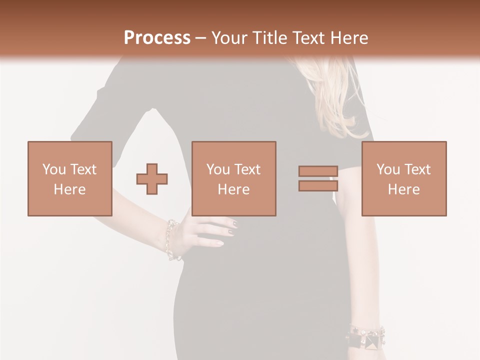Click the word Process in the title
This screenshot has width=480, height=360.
click(157, 38)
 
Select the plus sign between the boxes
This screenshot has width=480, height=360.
click(152, 178)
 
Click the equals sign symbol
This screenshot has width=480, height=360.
click(318, 178)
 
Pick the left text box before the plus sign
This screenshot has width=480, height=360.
click(70, 178)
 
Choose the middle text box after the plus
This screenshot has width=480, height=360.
click(234, 178)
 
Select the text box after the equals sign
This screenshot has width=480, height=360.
click(404, 178)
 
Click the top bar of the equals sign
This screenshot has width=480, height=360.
click(318, 171)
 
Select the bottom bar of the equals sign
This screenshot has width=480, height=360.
click(318, 186)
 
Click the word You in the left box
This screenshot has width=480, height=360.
click(54, 169)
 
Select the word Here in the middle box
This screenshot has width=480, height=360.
click(234, 189)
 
